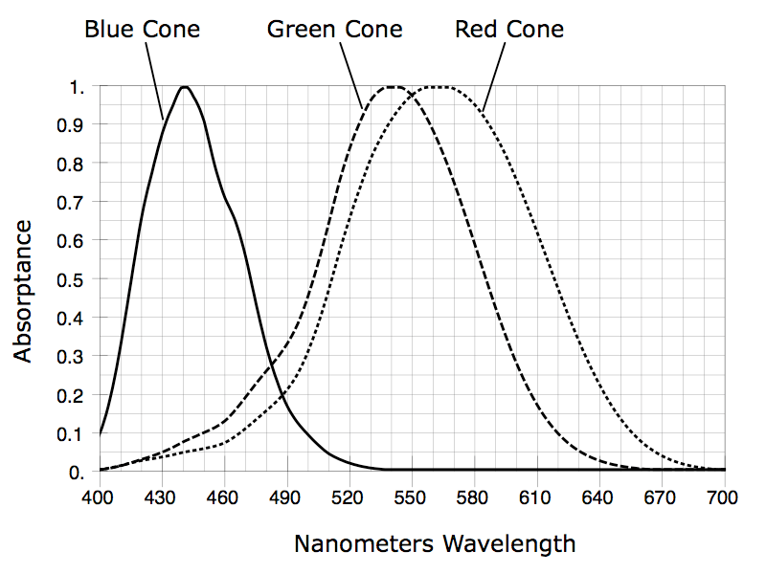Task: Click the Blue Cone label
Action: (x=142, y=30)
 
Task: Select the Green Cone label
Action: (x=334, y=30)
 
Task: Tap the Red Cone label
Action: (x=509, y=30)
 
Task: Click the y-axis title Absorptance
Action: (x=23, y=292)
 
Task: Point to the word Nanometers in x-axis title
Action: (x=364, y=543)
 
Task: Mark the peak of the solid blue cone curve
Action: (x=185, y=87)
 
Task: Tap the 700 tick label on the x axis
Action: (x=723, y=497)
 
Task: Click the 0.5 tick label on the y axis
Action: (x=71, y=280)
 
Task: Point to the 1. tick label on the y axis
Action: (x=78, y=87)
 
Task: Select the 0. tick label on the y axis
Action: (x=78, y=473)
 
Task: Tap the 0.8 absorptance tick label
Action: (x=71, y=165)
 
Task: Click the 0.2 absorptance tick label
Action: (x=71, y=396)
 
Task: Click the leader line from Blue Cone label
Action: (x=154, y=81)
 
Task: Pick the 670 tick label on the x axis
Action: (x=660, y=497)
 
